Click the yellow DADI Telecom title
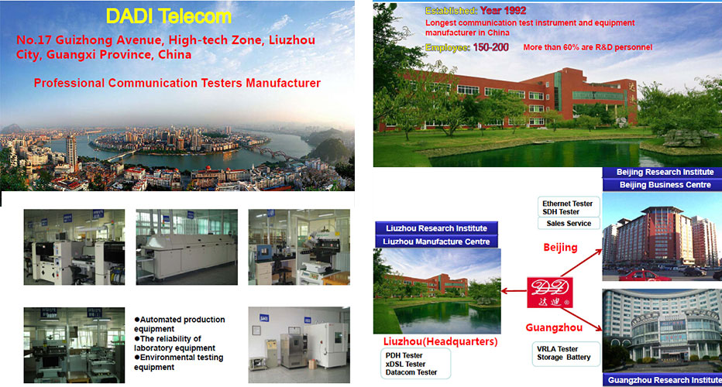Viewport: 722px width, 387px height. (169, 16)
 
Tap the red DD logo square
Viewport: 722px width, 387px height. (550, 293)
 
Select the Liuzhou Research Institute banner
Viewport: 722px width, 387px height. (436, 228)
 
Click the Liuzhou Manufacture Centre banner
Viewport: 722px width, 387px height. (436, 241)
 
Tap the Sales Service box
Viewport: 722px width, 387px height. (569, 223)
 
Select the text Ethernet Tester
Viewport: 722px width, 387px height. (567, 204)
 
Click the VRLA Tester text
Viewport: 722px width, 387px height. (557, 349)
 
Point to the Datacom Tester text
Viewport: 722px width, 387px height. (411, 372)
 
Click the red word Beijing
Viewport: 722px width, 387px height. (560, 248)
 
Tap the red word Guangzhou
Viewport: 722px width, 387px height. (554, 327)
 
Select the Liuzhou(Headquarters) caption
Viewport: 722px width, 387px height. (440, 341)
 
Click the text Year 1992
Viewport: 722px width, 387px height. (503, 11)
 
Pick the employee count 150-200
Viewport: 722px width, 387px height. (491, 47)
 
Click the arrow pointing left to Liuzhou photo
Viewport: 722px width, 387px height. (514, 291)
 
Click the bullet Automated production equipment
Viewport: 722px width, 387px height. (180, 324)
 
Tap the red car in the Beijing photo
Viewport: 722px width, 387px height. (645, 276)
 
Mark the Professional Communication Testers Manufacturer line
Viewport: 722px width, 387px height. (177, 84)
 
